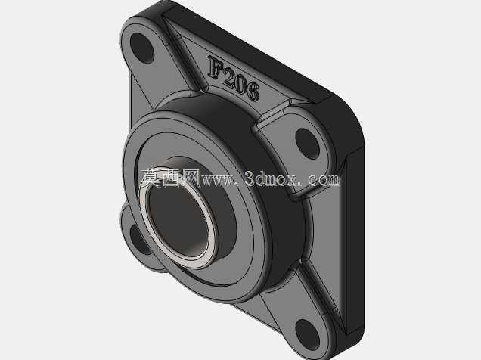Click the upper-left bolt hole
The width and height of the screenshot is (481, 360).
pos(141,48)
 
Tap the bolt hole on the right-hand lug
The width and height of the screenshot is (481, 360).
pos(307,144)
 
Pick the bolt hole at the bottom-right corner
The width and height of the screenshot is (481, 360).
pos(308,335)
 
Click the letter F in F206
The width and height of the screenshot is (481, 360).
pos(216,67)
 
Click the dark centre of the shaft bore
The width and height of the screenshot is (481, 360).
pos(178,219)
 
